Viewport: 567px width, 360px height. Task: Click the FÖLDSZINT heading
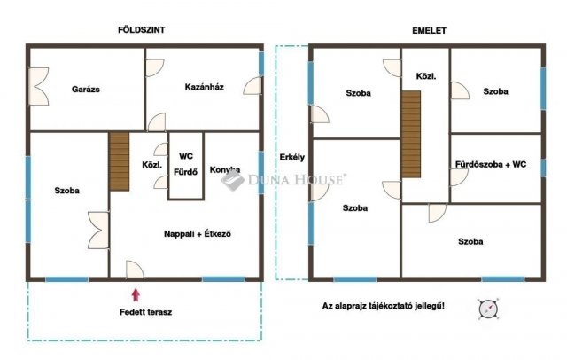(142, 29)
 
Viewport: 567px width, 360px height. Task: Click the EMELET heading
(429, 31)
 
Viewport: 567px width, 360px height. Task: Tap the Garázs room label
(86, 89)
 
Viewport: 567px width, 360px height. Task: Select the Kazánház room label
(205, 87)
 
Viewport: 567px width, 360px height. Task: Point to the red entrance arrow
(136, 294)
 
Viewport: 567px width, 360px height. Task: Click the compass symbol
(488, 309)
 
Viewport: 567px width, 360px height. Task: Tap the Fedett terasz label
(145, 312)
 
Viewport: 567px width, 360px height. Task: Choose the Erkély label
(292, 157)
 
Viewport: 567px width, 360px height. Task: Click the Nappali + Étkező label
(198, 234)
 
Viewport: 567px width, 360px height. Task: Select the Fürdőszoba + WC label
(491, 164)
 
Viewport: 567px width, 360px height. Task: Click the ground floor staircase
(120, 161)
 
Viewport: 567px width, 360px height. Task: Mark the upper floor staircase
(411, 134)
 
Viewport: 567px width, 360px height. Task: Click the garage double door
(38, 87)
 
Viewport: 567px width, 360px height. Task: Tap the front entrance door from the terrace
(135, 270)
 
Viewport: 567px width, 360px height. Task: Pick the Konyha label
(225, 169)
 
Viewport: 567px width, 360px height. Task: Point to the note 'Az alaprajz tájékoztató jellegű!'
(384, 306)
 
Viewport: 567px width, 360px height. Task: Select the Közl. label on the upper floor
(426, 76)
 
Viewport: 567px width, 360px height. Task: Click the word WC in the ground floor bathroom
(186, 156)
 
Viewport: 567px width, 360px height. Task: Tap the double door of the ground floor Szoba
(98, 231)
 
